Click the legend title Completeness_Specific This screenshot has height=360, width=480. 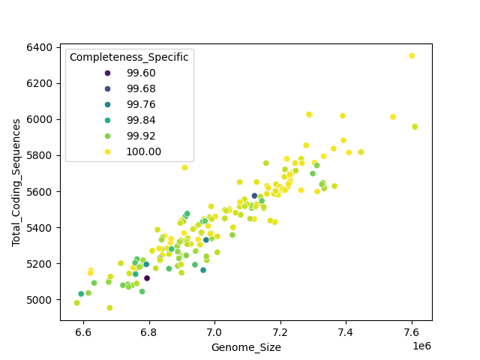[128, 58]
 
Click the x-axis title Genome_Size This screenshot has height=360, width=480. [246, 347]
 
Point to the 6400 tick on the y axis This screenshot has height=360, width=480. [39, 47]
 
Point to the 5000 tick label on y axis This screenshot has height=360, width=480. [39, 300]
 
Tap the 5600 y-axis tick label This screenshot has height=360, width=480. [39, 192]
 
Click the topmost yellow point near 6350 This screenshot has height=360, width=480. [412, 55]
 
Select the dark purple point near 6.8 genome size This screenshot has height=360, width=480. [147, 278]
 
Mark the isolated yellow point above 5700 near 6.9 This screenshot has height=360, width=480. [184, 167]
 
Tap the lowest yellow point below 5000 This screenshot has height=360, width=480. [109, 307]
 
